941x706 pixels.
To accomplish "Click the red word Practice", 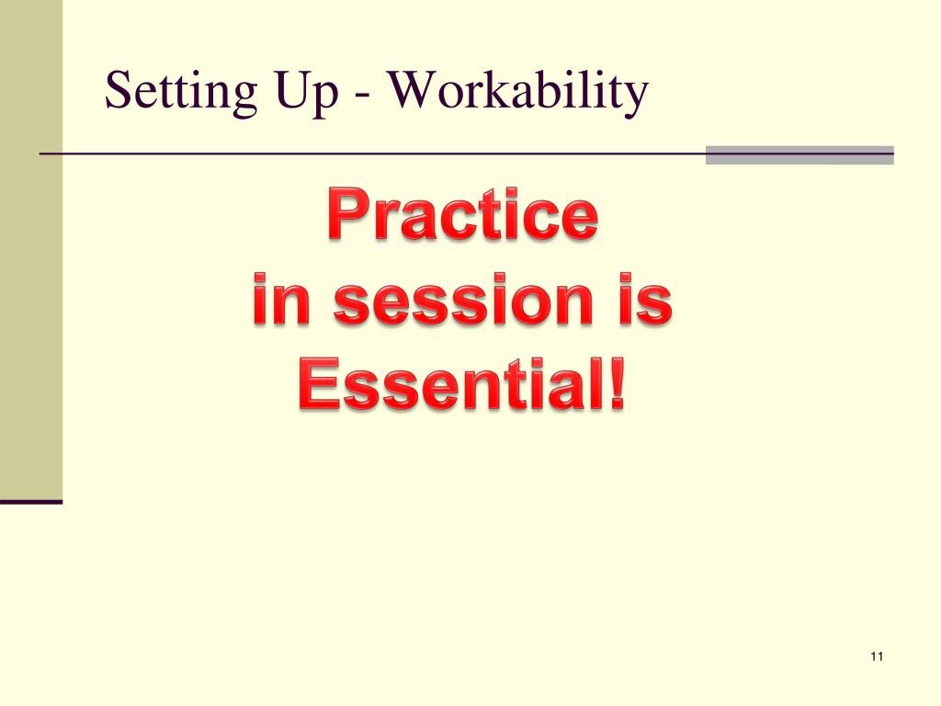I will (462, 215).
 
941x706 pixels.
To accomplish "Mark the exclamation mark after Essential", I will (616, 387).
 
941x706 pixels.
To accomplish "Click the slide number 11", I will (875, 656).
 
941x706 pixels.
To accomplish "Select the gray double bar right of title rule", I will (799, 154).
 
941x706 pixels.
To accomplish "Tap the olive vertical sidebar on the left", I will (31, 248).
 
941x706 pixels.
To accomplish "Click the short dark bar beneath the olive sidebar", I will (31, 502).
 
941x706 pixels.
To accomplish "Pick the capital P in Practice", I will (347, 215).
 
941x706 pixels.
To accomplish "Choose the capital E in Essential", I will (317, 387).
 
